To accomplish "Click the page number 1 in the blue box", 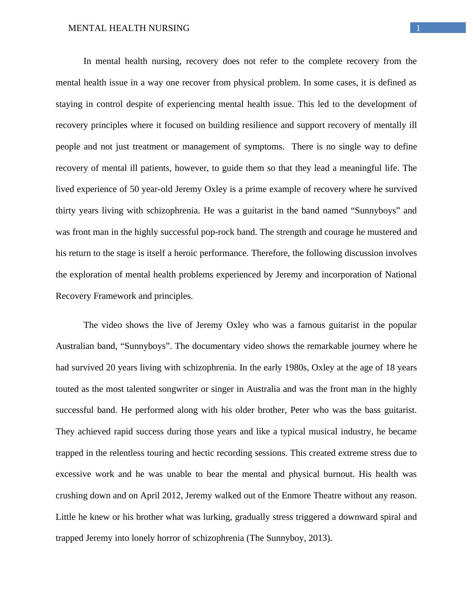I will pyautogui.click(x=418, y=28).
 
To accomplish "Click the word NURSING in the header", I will pyautogui.click(x=169, y=28).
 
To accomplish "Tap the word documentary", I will pyautogui.click(x=211, y=346).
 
